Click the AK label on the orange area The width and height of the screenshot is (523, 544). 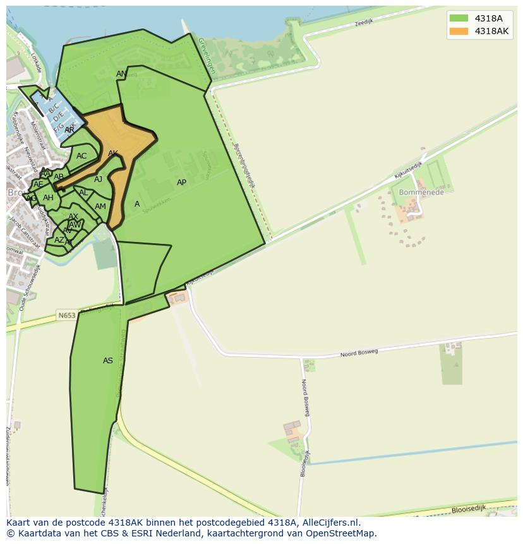point(113,154)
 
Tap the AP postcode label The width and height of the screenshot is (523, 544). point(181,183)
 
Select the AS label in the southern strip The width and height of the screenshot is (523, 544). point(108,361)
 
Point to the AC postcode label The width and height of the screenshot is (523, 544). point(81,156)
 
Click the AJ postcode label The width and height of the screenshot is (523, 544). point(98,179)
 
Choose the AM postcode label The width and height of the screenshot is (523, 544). point(100,207)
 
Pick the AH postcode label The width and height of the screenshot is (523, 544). point(48,198)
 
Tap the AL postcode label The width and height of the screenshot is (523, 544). point(83,193)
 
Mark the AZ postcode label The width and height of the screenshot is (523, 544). point(59,240)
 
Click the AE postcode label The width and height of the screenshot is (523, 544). point(39,184)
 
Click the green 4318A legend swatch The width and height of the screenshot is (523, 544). point(459,18)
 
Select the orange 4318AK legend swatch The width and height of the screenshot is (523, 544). point(459,31)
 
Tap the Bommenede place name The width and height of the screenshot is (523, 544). point(421,192)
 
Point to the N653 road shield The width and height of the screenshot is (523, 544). point(66,315)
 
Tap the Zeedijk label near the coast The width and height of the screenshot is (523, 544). point(364,22)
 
